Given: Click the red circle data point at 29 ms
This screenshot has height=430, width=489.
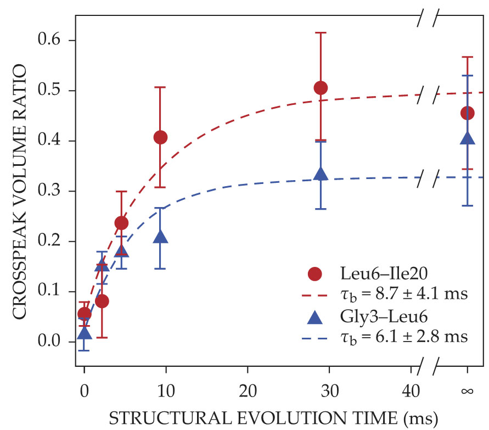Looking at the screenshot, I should tap(321, 88).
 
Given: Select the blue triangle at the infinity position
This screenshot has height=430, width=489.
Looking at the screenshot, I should tap(468, 137).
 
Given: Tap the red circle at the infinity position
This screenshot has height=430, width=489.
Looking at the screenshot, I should tap(468, 113).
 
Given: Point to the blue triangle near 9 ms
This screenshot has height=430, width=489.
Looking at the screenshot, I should tap(160, 237).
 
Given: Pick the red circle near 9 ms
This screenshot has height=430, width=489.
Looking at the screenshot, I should tap(160, 137).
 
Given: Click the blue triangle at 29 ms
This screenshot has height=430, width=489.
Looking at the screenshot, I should tap(321, 174).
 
